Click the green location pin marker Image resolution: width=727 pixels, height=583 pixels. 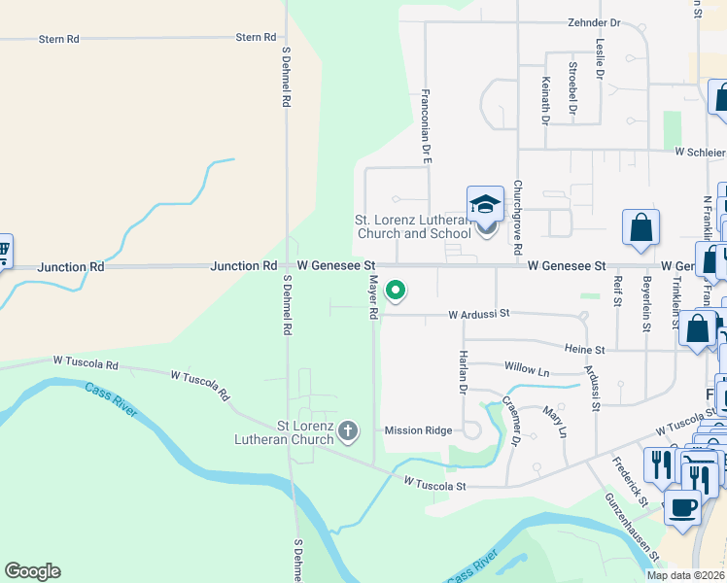(396, 290)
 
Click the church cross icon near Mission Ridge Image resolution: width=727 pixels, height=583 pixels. (348, 430)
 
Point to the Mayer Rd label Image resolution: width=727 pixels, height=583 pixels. (372, 297)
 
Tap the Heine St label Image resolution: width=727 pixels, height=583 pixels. (586, 349)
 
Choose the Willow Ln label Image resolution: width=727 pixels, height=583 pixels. (527, 369)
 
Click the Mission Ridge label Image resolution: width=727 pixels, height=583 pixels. (418, 430)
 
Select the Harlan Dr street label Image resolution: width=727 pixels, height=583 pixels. (464, 372)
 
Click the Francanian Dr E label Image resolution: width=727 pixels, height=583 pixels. (426, 125)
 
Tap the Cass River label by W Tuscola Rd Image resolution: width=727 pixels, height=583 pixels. (111, 401)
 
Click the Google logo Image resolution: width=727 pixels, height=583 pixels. (32, 571)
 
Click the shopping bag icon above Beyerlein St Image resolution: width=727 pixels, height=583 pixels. (641, 229)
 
